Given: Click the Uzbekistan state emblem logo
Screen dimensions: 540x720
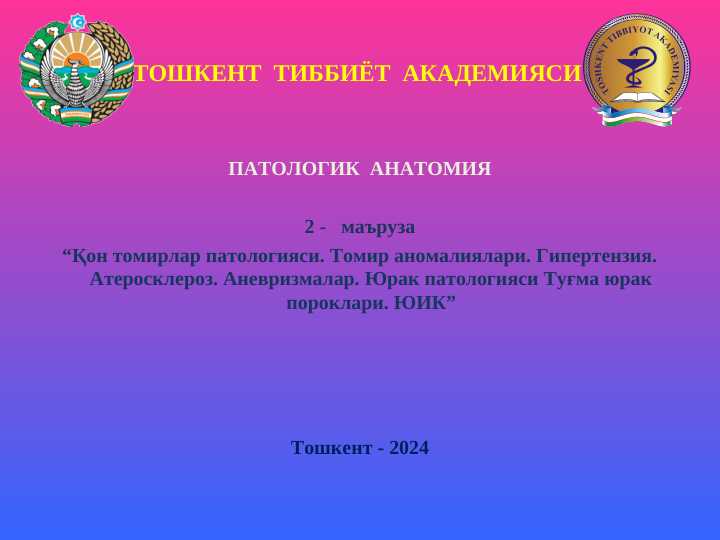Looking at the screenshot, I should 77,70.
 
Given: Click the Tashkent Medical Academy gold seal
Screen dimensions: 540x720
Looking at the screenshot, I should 636,70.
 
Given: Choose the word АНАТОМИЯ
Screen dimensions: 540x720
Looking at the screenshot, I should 431,169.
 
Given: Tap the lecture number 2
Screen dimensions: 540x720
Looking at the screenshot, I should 310,227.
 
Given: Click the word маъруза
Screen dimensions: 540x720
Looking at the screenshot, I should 378,227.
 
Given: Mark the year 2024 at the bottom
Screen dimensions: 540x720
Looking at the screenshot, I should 409,448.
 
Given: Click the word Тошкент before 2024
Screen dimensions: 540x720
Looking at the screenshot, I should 332,448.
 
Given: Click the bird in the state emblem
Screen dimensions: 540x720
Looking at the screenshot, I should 77,80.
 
